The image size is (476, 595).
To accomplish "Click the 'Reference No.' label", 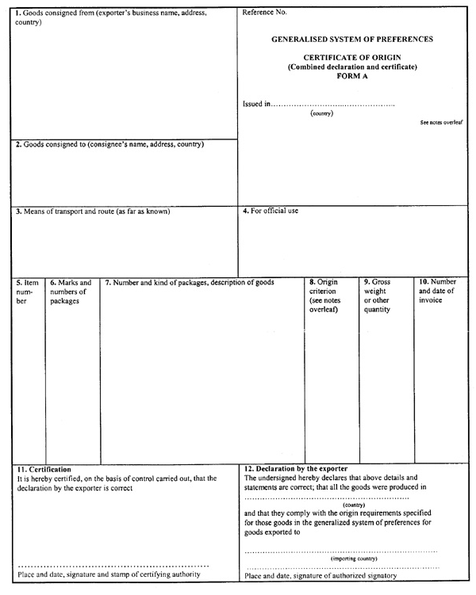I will pos(265,13).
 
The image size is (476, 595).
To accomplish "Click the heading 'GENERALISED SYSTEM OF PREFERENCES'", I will pos(352,39).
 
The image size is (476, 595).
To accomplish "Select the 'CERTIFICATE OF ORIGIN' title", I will pos(352,58).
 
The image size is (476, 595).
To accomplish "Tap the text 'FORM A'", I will pos(352,76).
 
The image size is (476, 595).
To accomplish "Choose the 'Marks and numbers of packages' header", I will pos(71,291).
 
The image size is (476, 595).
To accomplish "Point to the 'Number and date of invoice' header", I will pos(437,291).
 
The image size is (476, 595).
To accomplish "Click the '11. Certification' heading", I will pos(44,470).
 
